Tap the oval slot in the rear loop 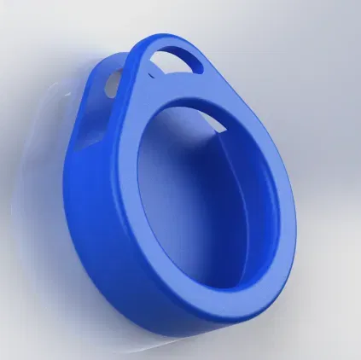pyautogui.click(x=113, y=84)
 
